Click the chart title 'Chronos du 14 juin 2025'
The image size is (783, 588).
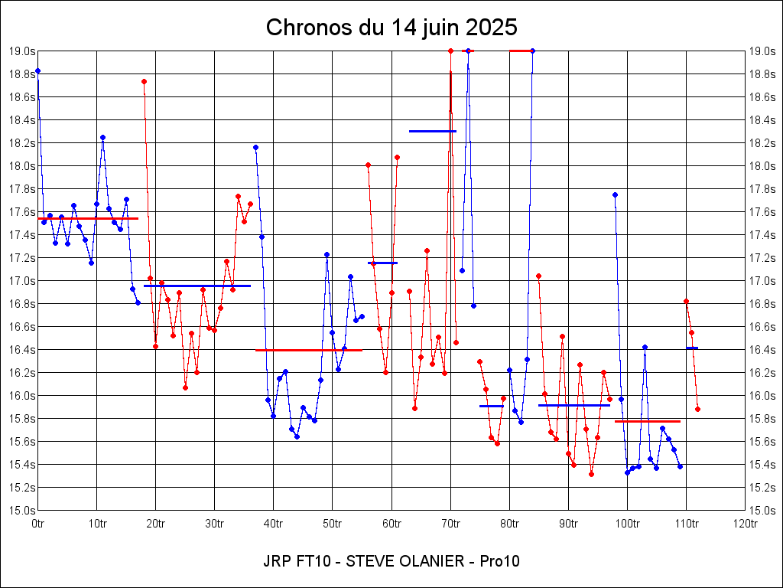point(391,28)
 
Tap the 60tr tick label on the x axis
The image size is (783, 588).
point(391,524)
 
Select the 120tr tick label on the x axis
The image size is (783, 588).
point(745,524)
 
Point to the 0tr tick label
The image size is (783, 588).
point(38,524)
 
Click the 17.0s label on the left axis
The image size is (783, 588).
point(22,281)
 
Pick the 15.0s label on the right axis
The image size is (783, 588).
point(762,511)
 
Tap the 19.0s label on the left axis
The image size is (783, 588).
point(22,51)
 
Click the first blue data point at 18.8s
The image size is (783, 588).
point(37,70)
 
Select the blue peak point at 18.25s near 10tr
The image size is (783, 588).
point(102,137)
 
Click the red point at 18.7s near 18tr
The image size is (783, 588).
point(144,81)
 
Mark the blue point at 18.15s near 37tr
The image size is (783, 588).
point(255,147)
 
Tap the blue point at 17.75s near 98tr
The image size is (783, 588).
point(615,194)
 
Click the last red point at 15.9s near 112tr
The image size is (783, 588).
point(697,409)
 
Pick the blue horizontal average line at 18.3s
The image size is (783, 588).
point(433,131)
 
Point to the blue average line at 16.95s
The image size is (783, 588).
point(197,286)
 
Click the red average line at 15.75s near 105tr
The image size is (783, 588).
point(647,421)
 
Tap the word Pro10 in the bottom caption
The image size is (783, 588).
point(499,561)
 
